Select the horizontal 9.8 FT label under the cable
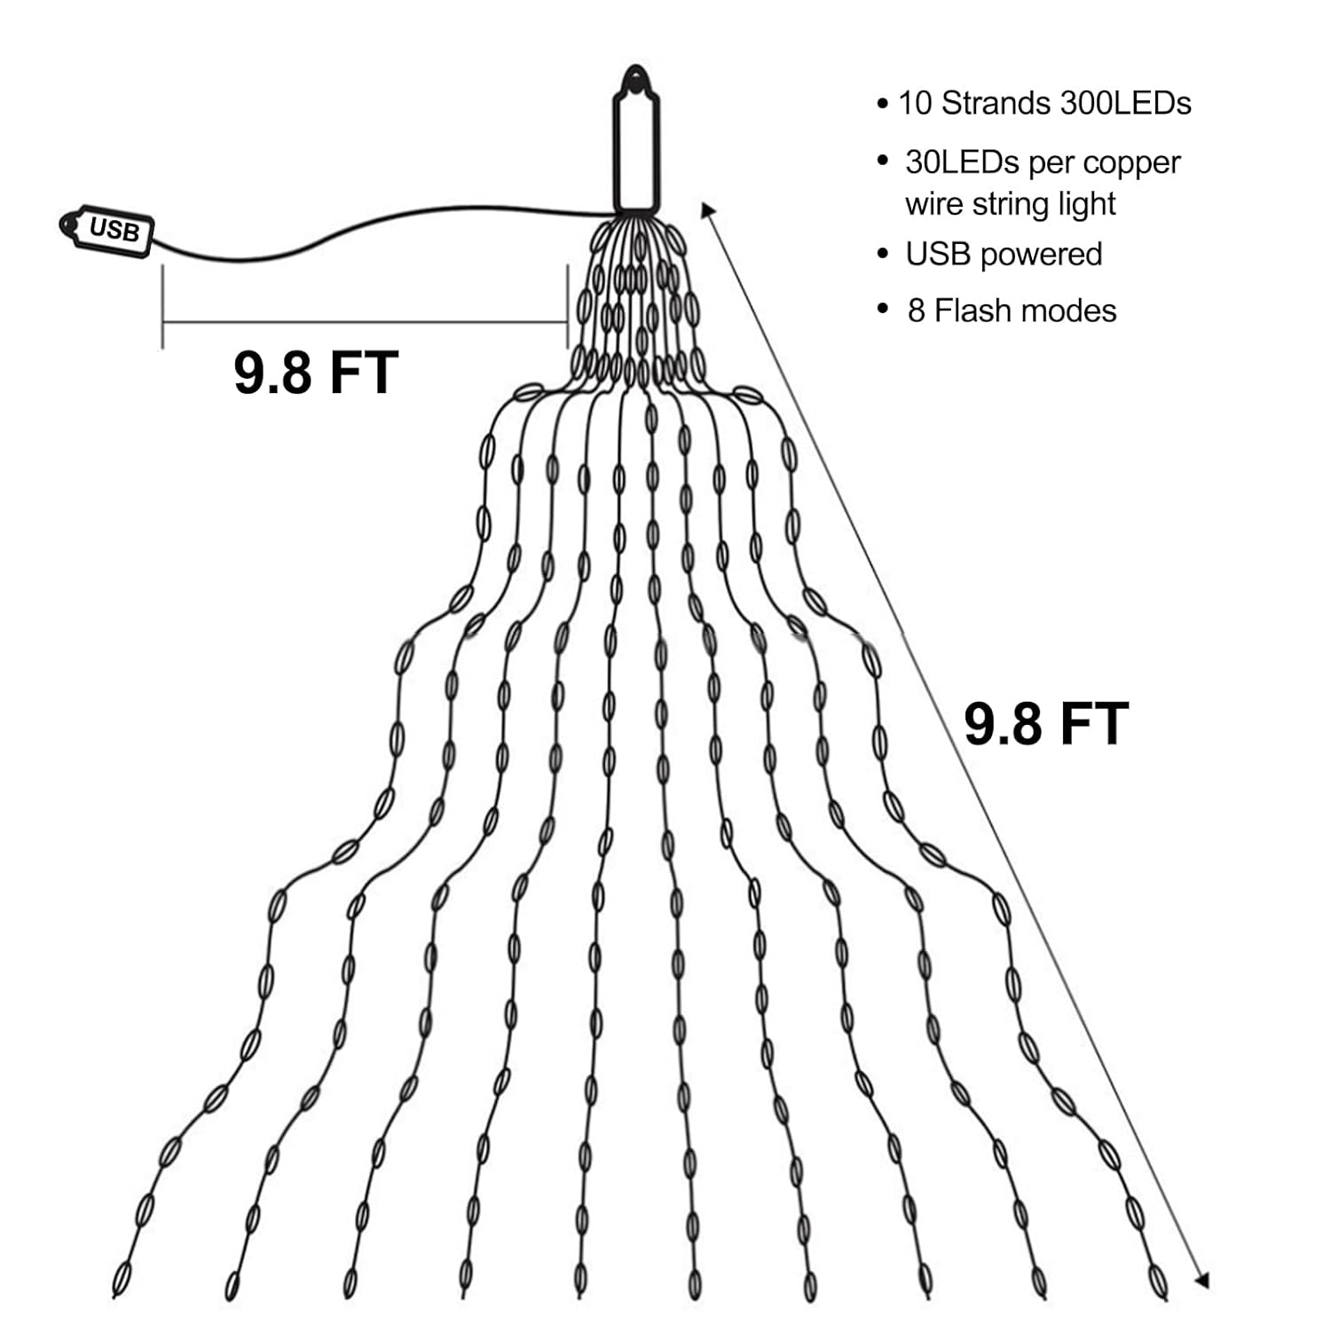click(316, 372)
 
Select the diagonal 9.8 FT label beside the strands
click(1046, 723)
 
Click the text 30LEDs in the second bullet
click(962, 162)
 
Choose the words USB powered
click(1004, 255)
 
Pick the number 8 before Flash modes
click(916, 311)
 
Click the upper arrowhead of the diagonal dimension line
click(707, 209)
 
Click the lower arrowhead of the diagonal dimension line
click(1202, 1280)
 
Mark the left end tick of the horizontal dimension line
click(162, 306)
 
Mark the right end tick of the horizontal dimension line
click(567, 306)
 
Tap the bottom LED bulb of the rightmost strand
click(1157, 1278)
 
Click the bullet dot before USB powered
click(882, 255)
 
